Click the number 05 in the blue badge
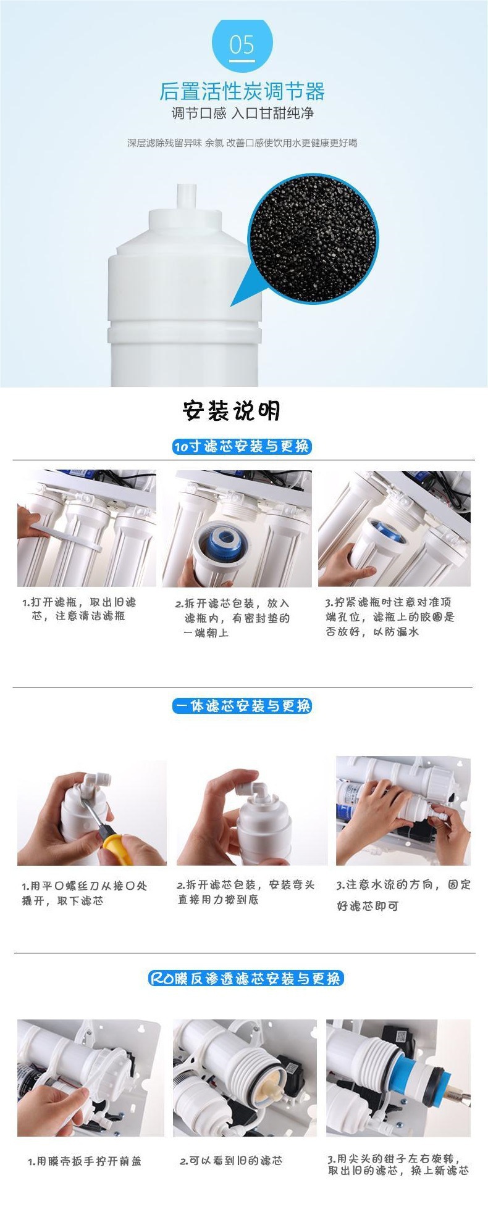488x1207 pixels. tap(242, 45)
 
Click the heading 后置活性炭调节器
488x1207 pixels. tap(242, 91)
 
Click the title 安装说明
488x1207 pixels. tap(232, 411)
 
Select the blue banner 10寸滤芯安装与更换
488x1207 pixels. tap(242, 446)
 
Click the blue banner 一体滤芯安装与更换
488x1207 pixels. tap(242, 706)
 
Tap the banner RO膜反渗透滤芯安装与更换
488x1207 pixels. tap(245, 978)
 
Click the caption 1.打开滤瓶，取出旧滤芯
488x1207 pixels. tap(79, 609)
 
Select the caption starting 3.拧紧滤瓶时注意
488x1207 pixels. tap(390, 616)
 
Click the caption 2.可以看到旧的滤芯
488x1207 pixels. tap(231, 1161)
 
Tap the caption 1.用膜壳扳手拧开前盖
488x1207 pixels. tap(85, 1161)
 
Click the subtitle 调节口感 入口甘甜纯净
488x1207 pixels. tap(242, 114)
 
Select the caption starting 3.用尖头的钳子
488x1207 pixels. tap(398, 1164)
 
